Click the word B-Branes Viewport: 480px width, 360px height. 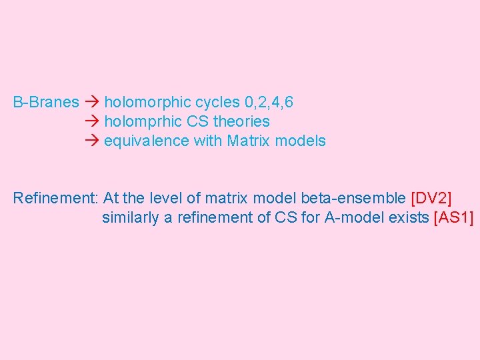(x=46, y=103)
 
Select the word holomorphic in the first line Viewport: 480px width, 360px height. (x=148, y=103)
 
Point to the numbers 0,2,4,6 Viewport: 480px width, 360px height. (x=269, y=103)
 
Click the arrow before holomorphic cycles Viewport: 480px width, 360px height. (x=92, y=103)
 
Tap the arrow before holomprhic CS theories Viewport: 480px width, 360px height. (x=92, y=122)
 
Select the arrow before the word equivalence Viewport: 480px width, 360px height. (x=92, y=141)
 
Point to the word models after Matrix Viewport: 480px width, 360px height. (x=303, y=141)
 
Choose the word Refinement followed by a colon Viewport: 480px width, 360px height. (x=56, y=198)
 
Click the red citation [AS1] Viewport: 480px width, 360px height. (x=453, y=217)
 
